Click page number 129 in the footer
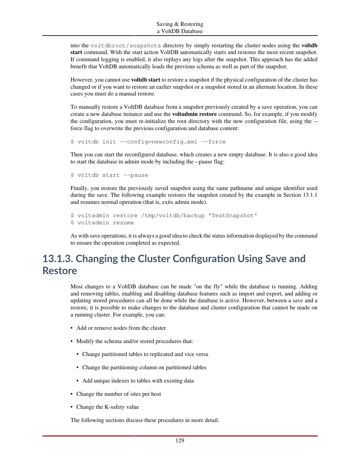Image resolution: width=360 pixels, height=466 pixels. pyautogui.click(x=180, y=440)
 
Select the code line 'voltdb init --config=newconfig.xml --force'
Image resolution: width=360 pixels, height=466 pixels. pyautogui.click(x=151, y=142)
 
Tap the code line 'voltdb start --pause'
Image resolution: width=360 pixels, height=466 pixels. pyautogui.click(x=113, y=175)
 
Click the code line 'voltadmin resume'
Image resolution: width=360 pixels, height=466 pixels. pyautogui.click(x=105, y=223)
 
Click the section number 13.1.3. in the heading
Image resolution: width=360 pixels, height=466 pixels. pyautogui.click(x=57, y=259)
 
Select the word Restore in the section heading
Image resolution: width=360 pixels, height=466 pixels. pyautogui.click(x=60, y=271)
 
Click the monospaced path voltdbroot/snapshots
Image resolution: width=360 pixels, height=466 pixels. pyautogui.click(x=125, y=45)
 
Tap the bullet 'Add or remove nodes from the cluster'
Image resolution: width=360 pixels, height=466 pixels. pyautogui.click(x=121, y=328)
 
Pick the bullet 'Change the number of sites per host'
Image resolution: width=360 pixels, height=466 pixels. pyautogui.click(x=118, y=394)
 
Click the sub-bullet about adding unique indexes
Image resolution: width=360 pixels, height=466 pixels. pyautogui.click(x=138, y=381)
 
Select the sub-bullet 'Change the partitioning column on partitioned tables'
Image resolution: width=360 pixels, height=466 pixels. pyautogui.click(x=144, y=367)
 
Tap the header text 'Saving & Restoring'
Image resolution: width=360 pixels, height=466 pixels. pyautogui.click(x=180, y=24)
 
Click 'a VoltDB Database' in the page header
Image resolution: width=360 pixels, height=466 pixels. pyautogui.click(x=180, y=31)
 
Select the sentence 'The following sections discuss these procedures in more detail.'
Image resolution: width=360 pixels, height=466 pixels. pyautogui.click(x=145, y=420)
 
